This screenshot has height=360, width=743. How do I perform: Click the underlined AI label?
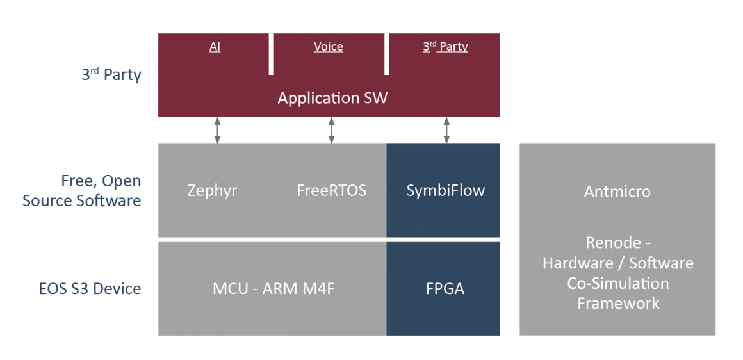[x=215, y=47]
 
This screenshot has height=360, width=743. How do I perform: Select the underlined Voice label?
[x=328, y=47]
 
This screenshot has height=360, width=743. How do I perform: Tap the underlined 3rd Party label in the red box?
[x=445, y=47]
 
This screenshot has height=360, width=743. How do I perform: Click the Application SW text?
[x=332, y=98]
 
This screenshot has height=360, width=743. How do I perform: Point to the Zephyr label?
[x=212, y=190]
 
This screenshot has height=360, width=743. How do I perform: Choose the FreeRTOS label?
[x=331, y=190]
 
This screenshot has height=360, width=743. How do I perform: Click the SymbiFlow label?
[x=445, y=190]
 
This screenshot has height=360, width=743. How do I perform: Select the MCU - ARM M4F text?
[x=274, y=289]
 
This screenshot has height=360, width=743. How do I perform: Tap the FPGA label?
[x=445, y=289]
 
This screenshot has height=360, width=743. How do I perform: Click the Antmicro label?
[x=617, y=191]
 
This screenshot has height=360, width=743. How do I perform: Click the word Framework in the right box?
[x=618, y=303]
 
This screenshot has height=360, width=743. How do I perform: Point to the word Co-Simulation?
[x=617, y=283]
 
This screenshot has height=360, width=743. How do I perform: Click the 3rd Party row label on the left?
[x=111, y=74]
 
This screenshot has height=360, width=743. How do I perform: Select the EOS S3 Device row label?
[x=90, y=289]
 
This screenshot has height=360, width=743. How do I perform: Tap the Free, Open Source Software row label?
[x=82, y=191]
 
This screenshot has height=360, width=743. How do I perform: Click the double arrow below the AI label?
[x=217, y=130]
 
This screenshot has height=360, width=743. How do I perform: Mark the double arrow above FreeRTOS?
[x=331, y=130]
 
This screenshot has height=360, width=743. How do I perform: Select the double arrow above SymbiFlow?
[x=446, y=130]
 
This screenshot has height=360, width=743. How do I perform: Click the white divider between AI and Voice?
[x=271, y=54]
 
